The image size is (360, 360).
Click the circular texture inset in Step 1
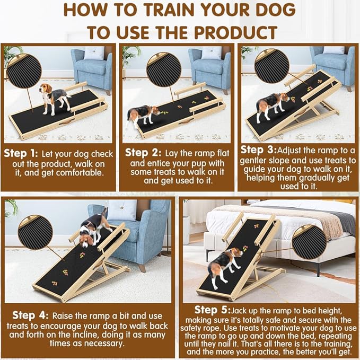24,71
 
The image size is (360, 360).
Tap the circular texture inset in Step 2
164,70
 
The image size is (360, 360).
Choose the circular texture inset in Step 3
271,66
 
